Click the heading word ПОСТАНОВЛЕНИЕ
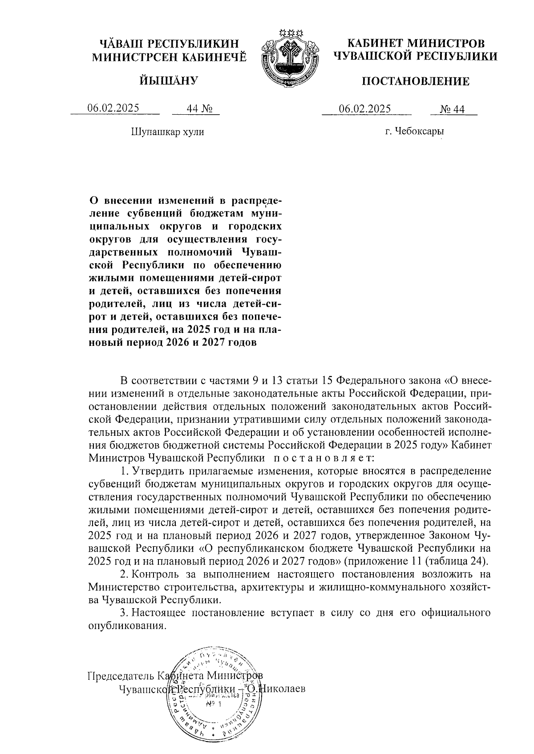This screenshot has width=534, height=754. [x=415, y=81]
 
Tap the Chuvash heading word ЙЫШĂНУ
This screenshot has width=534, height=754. [x=168, y=80]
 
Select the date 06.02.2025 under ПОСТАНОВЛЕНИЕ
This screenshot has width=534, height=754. [x=365, y=109]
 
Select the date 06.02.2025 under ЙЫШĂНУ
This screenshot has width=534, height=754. [x=113, y=108]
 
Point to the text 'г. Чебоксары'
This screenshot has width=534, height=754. [x=415, y=132]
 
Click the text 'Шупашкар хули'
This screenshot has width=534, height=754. [x=167, y=132]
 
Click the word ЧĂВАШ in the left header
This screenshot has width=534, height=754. [x=121, y=44]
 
